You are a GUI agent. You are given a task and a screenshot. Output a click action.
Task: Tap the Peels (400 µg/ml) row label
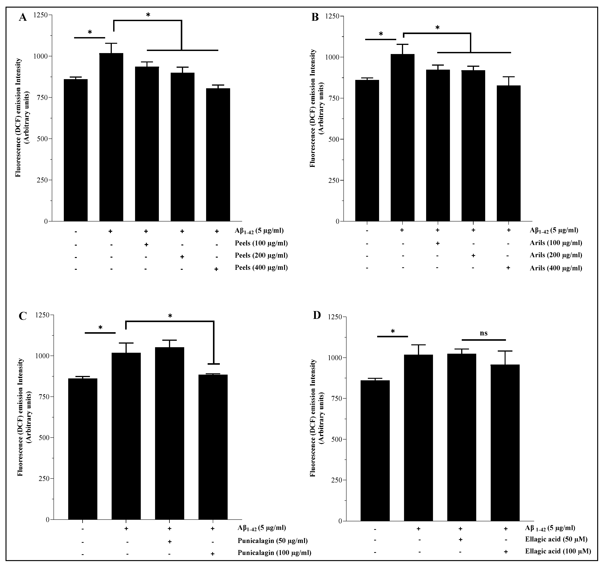pos(261,267)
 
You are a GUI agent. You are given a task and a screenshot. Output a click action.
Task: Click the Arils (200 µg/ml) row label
pos(556,255)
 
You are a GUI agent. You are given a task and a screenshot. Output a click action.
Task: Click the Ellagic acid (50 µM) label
pos(556,539)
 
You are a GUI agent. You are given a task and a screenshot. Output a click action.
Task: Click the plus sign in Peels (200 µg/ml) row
pos(182,257)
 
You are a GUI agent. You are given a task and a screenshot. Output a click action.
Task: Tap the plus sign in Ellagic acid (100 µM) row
pos(506,552)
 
